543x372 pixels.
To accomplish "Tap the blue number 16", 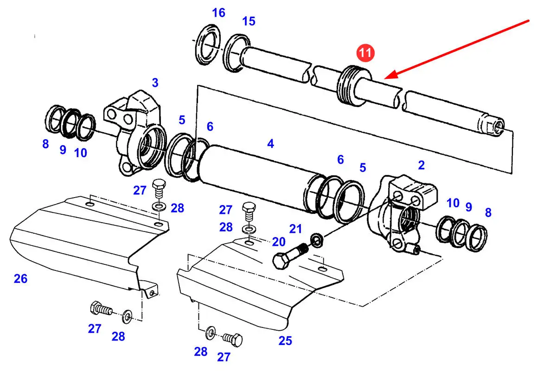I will coord(218,13).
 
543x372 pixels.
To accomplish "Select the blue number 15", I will coord(249,21).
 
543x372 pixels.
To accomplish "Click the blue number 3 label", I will coord(155,83).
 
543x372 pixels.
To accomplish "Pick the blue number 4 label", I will coord(270,144).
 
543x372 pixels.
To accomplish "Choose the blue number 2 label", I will coord(421,165).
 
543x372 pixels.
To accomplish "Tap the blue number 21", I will coord(295,228).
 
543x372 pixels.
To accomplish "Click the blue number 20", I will coord(278,241).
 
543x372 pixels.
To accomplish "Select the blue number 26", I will coord(20,279).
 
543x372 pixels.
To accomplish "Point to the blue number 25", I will coord(285,341).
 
